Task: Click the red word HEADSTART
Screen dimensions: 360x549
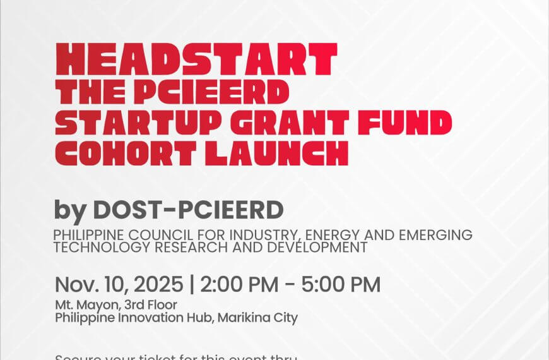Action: click(196, 60)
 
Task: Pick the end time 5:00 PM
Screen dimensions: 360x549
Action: click(345, 285)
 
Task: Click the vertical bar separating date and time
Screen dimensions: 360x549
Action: click(191, 285)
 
